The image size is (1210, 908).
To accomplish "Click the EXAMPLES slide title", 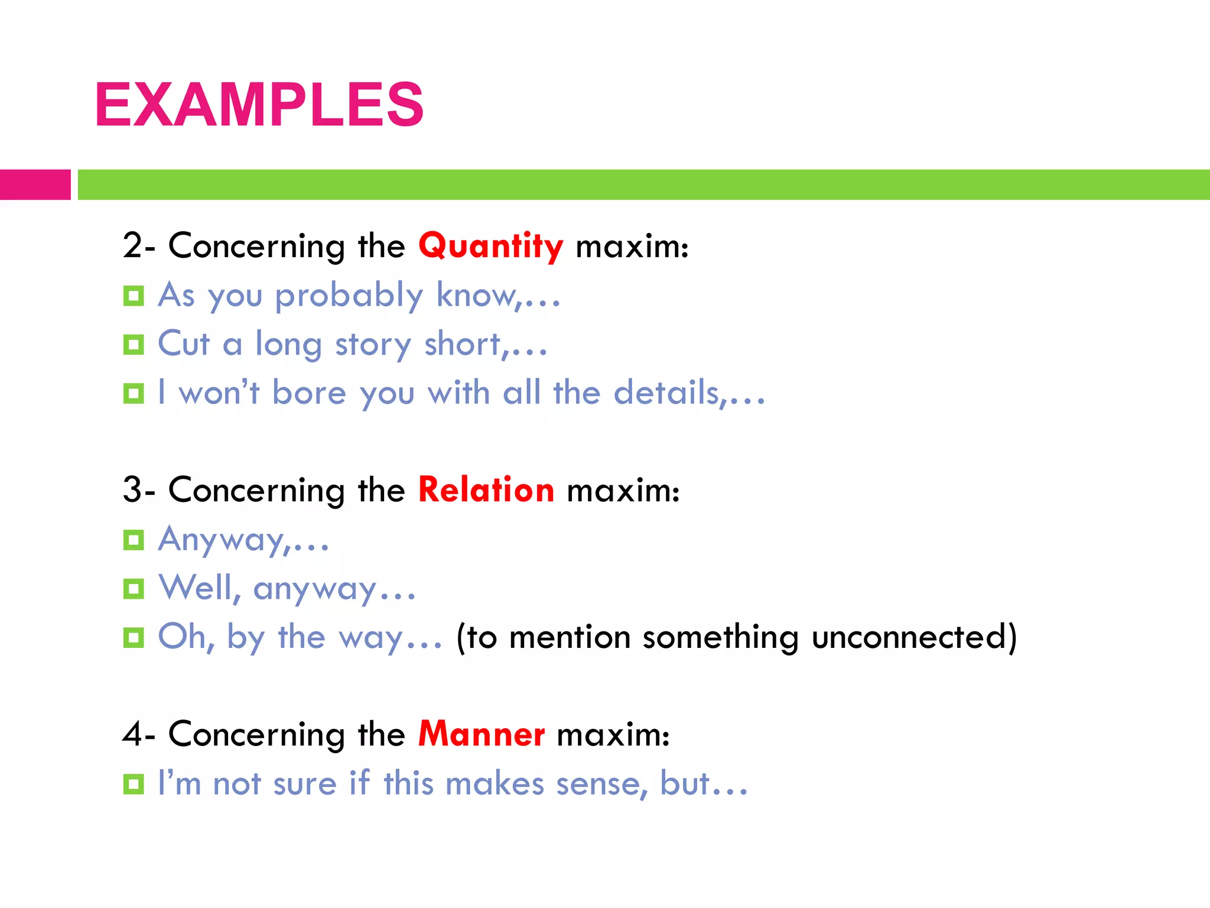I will [259, 105].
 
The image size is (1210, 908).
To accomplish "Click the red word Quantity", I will [490, 246].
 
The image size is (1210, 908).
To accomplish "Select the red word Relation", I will [486, 490].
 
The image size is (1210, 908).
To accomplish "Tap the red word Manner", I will [481, 734].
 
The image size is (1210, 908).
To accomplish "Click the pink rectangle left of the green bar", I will [35, 184].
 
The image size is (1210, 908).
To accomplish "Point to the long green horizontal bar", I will [643, 184].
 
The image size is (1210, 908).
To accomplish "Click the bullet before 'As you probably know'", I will [134, 296].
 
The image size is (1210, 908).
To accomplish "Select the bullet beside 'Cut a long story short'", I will [134, 345].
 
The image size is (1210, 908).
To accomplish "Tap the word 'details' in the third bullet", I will [666, 393].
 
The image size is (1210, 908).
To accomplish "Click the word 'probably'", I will [349, 296].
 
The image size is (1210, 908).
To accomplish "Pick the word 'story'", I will [373, 345].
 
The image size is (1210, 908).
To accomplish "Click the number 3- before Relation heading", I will [138, 490].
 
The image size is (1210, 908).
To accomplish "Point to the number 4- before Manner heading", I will [138, 734].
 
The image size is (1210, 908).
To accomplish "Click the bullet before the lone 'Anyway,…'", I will [134, 540].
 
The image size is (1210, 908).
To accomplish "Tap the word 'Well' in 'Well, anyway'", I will [197, 588].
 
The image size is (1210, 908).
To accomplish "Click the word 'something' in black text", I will [720, 637].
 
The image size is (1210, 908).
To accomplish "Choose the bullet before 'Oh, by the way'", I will [134, 637].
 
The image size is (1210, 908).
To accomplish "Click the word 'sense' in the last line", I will [597, 784].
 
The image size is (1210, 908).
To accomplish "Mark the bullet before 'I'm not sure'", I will [134, 784].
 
